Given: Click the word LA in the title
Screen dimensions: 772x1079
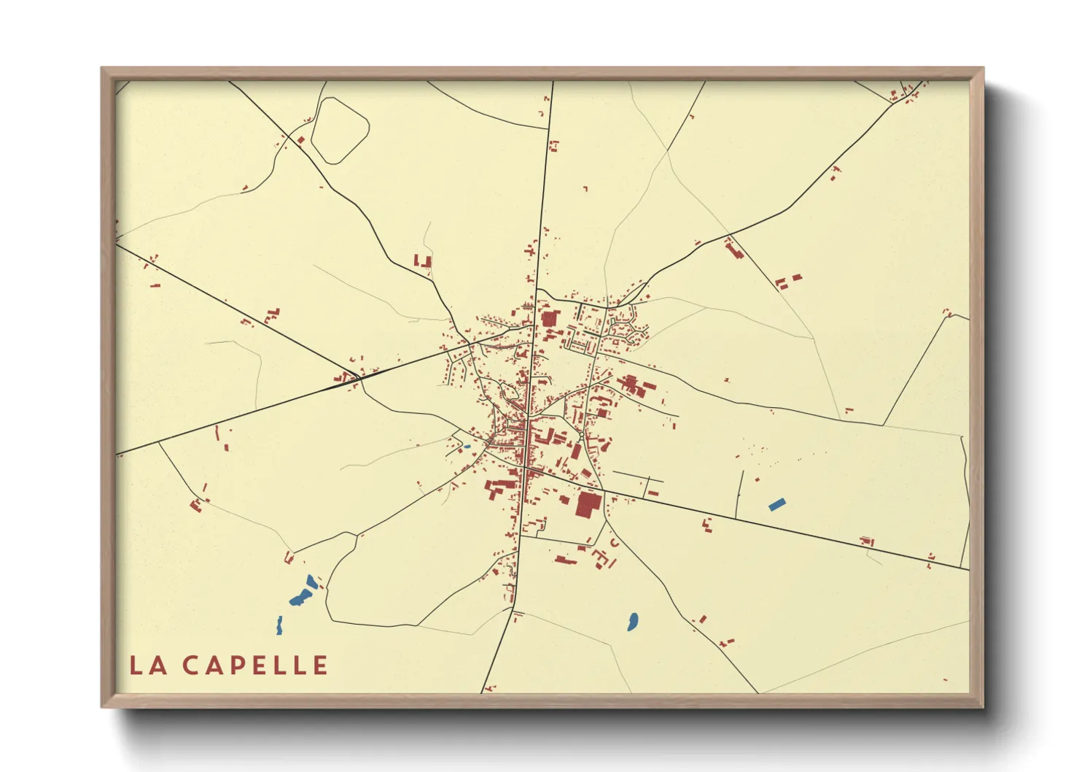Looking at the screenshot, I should point(148,665).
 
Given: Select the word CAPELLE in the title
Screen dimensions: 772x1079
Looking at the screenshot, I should point(255,665).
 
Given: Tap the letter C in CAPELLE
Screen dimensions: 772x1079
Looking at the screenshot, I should point(191,665).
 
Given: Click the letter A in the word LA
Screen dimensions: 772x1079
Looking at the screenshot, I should point(158,665).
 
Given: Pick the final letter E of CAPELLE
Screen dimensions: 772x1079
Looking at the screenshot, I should point(319,665).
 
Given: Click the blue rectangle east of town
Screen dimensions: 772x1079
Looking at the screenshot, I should point(777,503).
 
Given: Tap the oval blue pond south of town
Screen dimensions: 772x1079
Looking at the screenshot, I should point(632,622).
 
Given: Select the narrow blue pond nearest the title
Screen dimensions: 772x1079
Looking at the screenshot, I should point(279,625).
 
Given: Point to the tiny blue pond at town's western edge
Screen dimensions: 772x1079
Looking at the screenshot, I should point(467,447).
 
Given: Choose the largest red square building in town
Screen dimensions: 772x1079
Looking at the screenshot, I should point(588,504).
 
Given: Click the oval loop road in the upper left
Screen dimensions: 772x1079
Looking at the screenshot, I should point(340,131).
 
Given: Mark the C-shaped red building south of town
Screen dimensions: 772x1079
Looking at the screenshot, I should point(614,543).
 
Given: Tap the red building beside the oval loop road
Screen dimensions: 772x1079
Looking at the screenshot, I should point(300,140).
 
